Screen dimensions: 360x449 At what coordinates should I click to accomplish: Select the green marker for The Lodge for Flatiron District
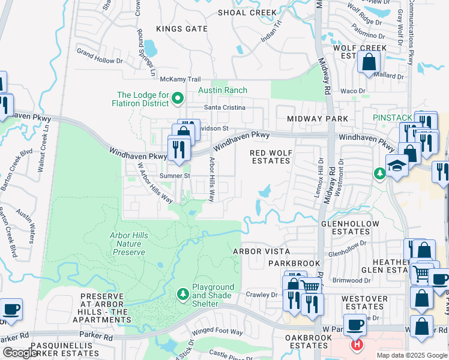click(178, 98)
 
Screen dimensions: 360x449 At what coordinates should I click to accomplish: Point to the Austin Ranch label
click(223, 91)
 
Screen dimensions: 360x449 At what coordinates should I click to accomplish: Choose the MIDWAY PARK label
click(318, 119)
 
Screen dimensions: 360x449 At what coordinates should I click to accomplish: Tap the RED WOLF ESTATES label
click(270, 157)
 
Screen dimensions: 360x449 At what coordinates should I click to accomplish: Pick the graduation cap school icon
click(397, 166)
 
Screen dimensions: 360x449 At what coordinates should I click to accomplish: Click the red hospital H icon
click(357, 345)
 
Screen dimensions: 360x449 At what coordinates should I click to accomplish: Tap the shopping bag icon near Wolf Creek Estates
click(369, 61)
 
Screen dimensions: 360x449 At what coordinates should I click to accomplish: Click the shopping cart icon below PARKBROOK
click(310, 286)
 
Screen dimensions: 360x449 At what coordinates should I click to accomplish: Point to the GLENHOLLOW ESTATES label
click(351, 227)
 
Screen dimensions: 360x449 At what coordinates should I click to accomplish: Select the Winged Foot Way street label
click(217, 332)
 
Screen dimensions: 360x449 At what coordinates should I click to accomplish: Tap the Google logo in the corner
click(20, 353)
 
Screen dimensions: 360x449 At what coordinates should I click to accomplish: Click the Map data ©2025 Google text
click(412, 355)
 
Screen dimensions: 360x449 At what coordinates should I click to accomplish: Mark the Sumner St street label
click(175, 176)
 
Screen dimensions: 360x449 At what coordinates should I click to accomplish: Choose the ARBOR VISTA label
click(261, 251)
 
